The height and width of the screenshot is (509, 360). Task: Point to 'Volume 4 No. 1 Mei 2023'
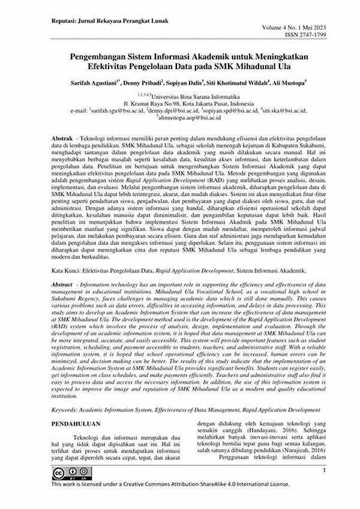tap(298, 28)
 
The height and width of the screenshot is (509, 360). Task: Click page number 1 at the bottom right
tap(323, 471)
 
